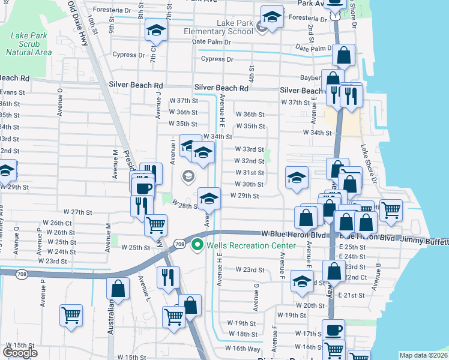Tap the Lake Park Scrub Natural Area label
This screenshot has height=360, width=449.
(x=28, y=43)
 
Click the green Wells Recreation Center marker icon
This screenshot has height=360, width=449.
(x=196, y=245)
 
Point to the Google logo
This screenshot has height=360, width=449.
(x=20, y=353)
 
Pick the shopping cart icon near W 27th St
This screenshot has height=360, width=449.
(x=155, y=224)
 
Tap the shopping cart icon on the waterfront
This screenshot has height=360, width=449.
(x=391, y=209)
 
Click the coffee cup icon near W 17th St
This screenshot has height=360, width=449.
(x=333, y=329)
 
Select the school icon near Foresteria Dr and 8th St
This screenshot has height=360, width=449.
(x=156, y=29)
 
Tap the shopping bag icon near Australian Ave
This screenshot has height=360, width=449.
(x=118, y=287)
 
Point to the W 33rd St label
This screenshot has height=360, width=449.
(x=249, y=149)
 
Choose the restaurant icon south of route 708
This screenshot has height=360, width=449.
(x=167, y=277)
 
